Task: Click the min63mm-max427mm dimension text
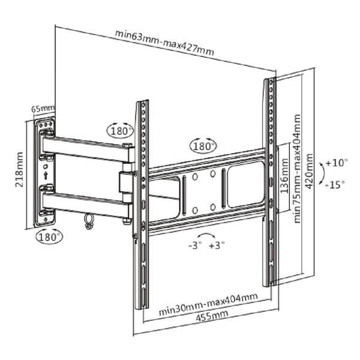(164, 43)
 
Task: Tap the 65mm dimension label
(43, 108)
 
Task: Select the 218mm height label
(19, 169)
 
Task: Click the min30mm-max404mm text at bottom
(208, 304)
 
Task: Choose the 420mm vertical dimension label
(310, 171)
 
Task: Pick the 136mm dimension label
(284, 176)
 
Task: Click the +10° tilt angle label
(337, 163)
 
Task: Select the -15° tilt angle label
(335, 184)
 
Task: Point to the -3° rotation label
(195, 245)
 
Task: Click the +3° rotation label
(217, 245)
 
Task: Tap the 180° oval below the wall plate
(49, 236)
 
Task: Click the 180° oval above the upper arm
(121, 130)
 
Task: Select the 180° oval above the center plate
(203, 146)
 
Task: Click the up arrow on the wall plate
(46, 175)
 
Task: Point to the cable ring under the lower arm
(88, 221)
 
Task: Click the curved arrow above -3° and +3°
(206, 235)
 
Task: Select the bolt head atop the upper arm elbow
(127, 145)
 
